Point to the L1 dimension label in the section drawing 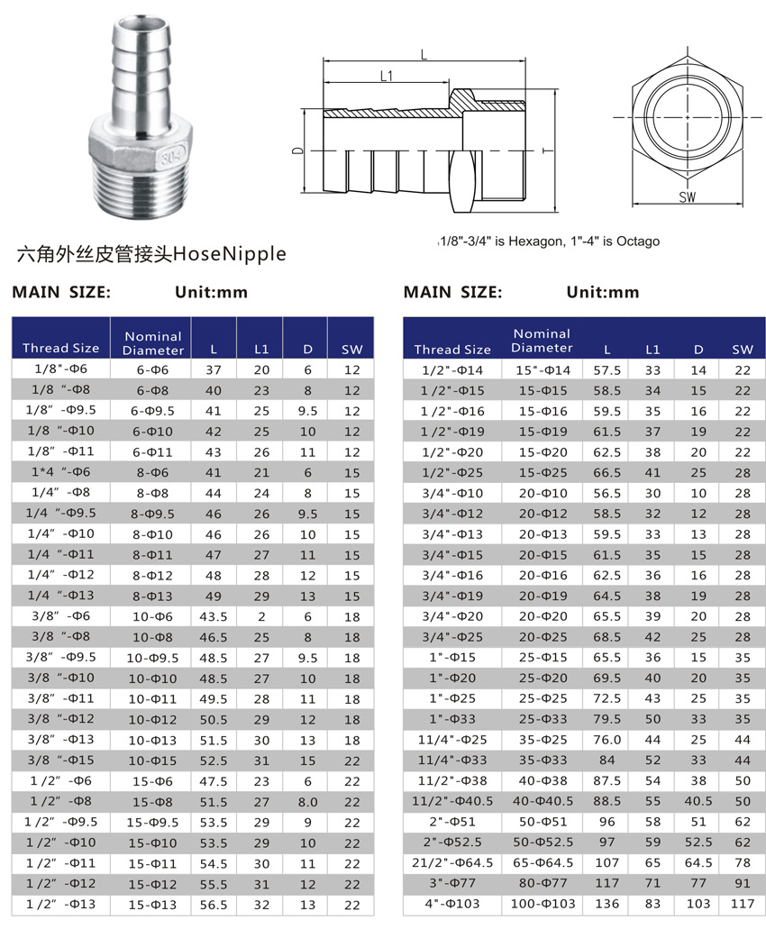[x=386, y=77]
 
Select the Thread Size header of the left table [x=60, y=348]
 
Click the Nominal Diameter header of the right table [x=542, y=341]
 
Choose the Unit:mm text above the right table [x=602, y=292]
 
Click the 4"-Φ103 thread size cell [x=451, y=903]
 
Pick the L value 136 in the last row [x=606, y=903]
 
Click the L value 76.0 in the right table [x=606, y=739]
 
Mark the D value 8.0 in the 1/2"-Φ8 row [x=307, y=801]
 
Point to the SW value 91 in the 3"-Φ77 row [x=742, y=882]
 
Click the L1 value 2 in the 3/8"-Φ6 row [x=261, y=616]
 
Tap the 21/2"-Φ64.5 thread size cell [x=451, y=862]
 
